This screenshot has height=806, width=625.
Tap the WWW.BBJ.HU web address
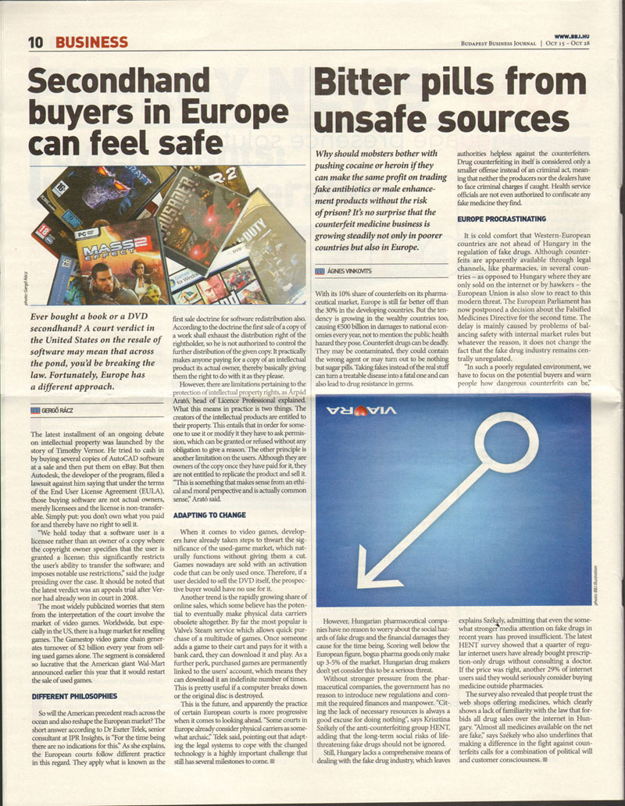click(571, 36)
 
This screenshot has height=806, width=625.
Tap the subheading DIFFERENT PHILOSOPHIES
click(75, 695)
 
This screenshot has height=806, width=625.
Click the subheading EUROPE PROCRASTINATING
click(502, 219)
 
